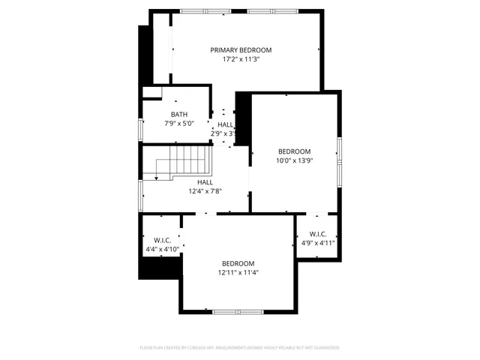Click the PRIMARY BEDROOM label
pyautogui.click(x=241, y=49)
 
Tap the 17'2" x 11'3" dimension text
pyautogui.click(x=241, y=59)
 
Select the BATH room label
pyautogui.click(x=179, y=114)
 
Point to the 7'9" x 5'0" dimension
pyautogui.click(x=179, y=123)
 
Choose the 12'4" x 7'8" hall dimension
pyautogui.click(x=205, y=191)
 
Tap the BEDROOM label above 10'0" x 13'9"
pyautogui.click(x=294, y=150)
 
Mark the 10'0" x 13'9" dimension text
pyautogui.click(x=294, y=160)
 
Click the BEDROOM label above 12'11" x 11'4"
pyautogui.click(x=238, y=263)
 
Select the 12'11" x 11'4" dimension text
pyautogui.click(x=238, y=273)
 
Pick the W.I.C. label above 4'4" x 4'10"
pyautogui.click(x=162, y=240)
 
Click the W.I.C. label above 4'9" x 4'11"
pyautogui.click(x=318, y=233)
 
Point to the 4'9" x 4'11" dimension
pyautogui.click(x=318, y=243)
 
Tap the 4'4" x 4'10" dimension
pyautogui.click(x=162, y=249)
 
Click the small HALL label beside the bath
pyautogui.click(x=225, y=124)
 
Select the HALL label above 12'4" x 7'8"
pyautogui.click(x=205, y=182)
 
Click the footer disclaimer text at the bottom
pyautogui.click(x=240, y=348)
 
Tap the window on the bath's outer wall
pyautogui.click(x=141, y=129)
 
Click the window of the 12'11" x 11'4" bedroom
pyautogui.click(x=237, y=311)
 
